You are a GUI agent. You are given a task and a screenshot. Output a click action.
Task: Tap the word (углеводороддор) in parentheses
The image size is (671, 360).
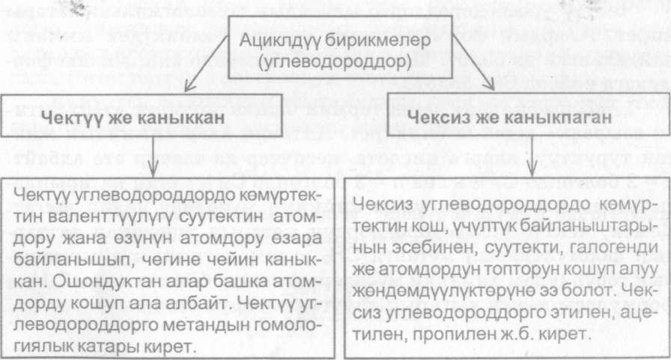[x=335, y=62]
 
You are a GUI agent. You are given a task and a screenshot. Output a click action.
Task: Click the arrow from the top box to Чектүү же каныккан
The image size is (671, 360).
[x=207, y=64]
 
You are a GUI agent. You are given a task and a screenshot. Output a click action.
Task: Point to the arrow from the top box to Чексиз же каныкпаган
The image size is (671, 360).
[x=473, y=62]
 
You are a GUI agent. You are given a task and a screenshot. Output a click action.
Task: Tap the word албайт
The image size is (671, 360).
[x=202, y=304]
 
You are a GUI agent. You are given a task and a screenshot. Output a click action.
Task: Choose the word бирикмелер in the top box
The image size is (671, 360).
[x=377, y=40]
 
